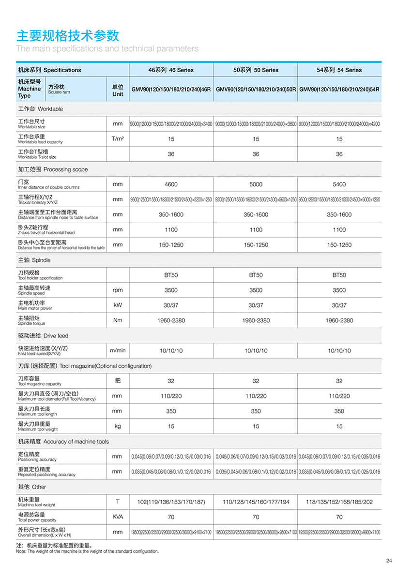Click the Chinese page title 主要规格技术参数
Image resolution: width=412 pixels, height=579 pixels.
click(x=68, y=36)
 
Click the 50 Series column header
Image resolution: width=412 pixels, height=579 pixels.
click(x=256, y=70)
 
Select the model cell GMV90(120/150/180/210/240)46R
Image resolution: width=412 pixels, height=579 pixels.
click(x=171, y=90)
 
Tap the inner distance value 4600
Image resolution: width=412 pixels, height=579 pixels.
click(x=171, y=184)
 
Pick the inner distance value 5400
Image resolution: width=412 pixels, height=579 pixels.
click(x=339, y=184)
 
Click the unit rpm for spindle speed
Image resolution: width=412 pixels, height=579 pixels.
click(x=118, y=290)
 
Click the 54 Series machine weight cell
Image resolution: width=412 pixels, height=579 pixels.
click(x=339, y=502)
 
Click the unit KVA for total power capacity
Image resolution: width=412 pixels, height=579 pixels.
click(x=118, y=517)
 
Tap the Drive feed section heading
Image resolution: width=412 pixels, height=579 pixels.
click(x=43, y=335)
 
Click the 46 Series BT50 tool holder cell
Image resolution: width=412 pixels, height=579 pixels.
click(x=171, y=275)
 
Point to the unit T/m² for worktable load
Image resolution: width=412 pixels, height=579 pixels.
click(x=118, y=139)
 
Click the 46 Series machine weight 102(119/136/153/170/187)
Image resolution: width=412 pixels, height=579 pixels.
click(x=171, y=502)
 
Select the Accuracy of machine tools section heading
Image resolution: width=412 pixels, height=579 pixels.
click(x=63, y=442)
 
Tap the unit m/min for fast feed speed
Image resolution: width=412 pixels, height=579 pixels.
click(x=118, y=350)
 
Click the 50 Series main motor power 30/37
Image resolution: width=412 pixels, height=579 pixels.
click(x=256, y=305)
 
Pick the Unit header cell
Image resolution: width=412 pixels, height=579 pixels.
click(x=118, y=90)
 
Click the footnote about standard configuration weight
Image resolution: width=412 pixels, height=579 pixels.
click(x=87, y=548)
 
